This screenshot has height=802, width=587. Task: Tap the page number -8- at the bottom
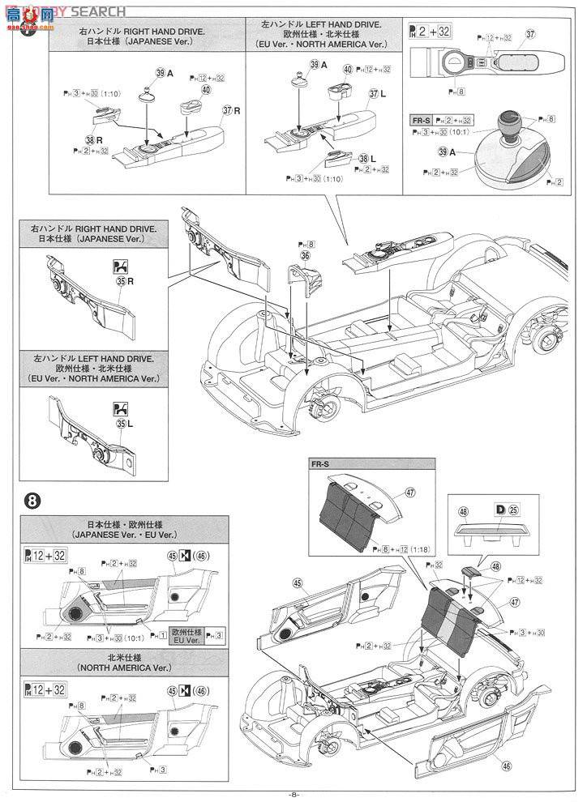[293, 795]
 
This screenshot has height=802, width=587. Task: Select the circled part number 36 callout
[305, 255]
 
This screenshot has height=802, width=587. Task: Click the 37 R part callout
[233, 110]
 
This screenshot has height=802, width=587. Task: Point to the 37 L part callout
[377, 95]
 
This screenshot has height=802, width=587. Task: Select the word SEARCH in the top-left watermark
[101, 11]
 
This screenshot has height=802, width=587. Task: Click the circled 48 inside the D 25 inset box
[463, 512]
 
